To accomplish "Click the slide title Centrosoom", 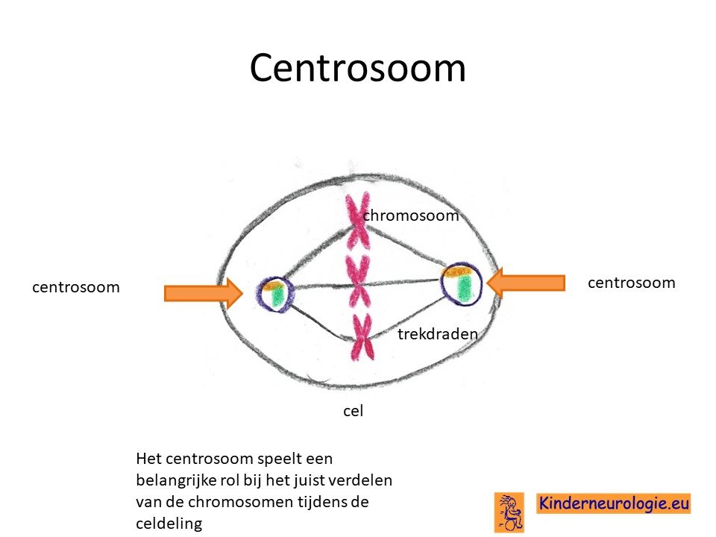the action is coord(357,68).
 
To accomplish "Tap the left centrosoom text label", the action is coord(76,287).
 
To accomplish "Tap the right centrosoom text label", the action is coord(632,283).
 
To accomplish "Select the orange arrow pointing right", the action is coord(203,292).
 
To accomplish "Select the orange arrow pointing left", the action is coord(526,283).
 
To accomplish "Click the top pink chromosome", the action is coord(357,221).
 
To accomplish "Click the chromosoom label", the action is coord(411,216).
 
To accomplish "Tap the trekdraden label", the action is coord(438,334).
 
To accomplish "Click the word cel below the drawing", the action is coord(353,411).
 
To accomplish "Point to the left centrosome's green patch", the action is coord(277,298).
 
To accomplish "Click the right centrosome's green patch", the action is coord(465,288).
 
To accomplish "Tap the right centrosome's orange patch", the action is coord(457,271).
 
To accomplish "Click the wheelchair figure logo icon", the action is coord(509,512).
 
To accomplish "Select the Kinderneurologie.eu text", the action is coord(614,503).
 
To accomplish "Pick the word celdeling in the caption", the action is coord(169,524).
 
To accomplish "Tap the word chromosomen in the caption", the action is coord(241,502).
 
